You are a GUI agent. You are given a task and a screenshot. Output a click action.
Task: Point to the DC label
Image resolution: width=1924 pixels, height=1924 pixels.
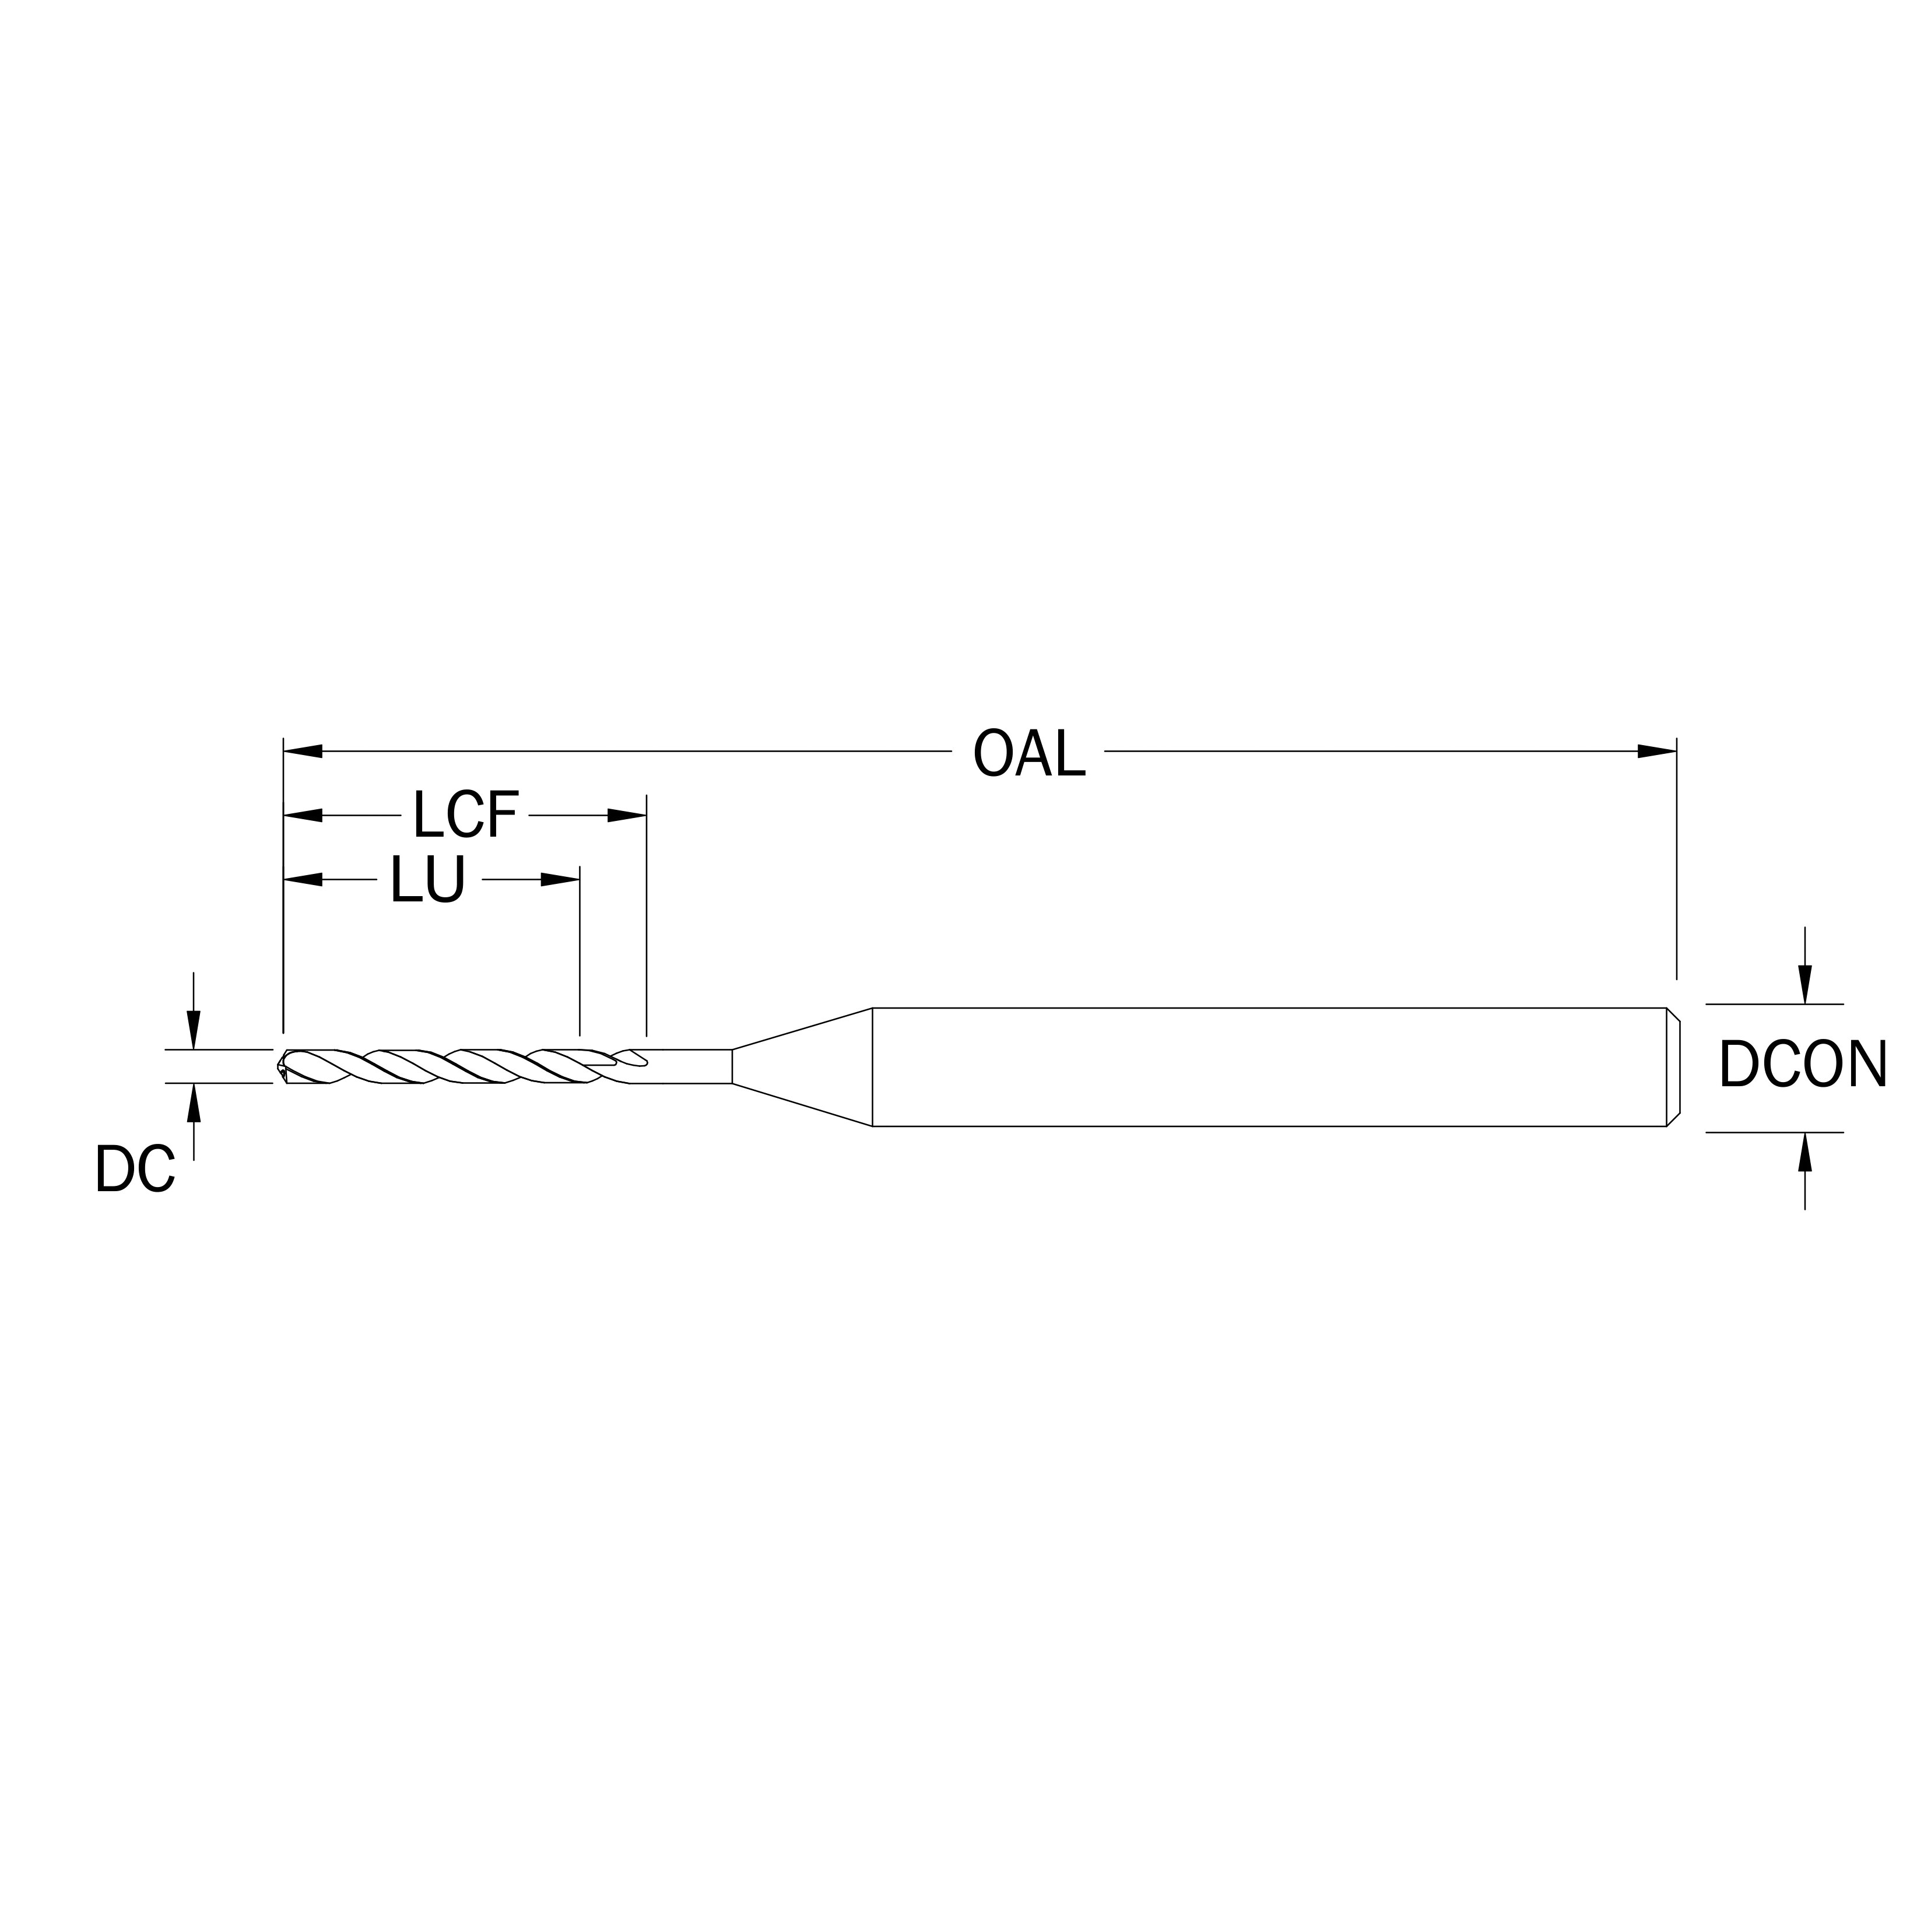pyautogui.click(x=135, y=1169)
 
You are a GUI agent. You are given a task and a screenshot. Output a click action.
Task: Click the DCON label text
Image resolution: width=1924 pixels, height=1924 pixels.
pyautogui.click(x=1803, y=1065)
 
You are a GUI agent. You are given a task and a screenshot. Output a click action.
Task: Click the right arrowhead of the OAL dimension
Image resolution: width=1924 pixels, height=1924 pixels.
pyautogui.click(x=1657, y=751)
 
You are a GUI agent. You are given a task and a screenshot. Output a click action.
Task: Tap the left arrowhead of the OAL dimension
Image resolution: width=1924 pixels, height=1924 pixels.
pyautogui.click(x=304, y=751)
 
